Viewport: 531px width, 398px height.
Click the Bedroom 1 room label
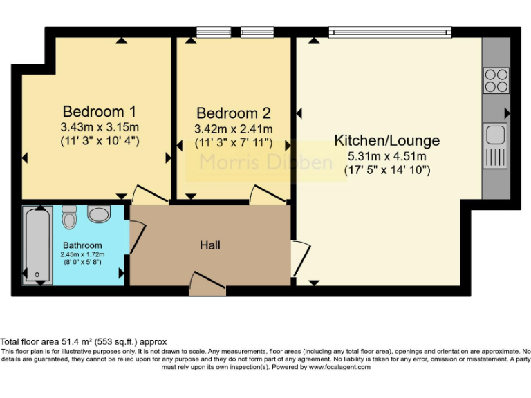[x=99, y=111]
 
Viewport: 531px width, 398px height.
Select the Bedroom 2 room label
[x=233, y=113]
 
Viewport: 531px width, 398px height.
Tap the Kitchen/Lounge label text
[x=386, y=141]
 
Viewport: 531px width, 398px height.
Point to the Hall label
[x=210, y=245]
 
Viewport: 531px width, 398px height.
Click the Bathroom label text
[x=82, y=245]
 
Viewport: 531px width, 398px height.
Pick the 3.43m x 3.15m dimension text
[x=100, y=127]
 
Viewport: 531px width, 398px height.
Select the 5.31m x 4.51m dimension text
[x=386, y=156]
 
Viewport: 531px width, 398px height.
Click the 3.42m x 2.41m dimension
[x=234, y=129]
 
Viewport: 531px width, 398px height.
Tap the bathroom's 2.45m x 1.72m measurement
[x=82, y=254]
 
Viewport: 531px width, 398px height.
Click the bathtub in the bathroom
[x=35, y=245]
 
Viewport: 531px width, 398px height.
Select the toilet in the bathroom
[x=69, y=217]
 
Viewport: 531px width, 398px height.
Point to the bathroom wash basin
[x=99, y=214]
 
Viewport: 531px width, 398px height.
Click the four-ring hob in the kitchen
[x=496, y=80]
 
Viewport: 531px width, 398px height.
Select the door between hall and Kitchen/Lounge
[x=299, y=256]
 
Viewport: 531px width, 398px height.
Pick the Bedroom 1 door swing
[x=149, y=194]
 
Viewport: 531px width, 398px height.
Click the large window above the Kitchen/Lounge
[x=390, y=31]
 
